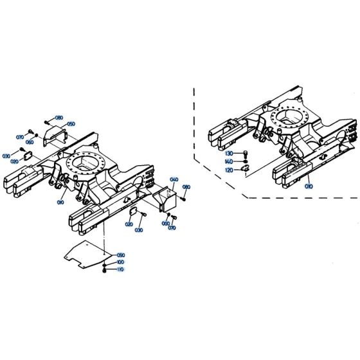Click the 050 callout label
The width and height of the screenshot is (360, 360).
(x=71, y=123)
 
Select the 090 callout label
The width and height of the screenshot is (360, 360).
(x=120, y=256)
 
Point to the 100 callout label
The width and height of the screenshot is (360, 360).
(x=120, y=263)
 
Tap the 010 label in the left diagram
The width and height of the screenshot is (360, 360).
(x=60, y=202)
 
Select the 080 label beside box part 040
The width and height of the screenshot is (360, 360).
(x=187, y=187)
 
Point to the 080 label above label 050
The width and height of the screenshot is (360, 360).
(x=59, y=118)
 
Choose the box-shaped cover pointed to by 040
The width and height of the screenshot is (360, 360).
(x=166, y=196)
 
